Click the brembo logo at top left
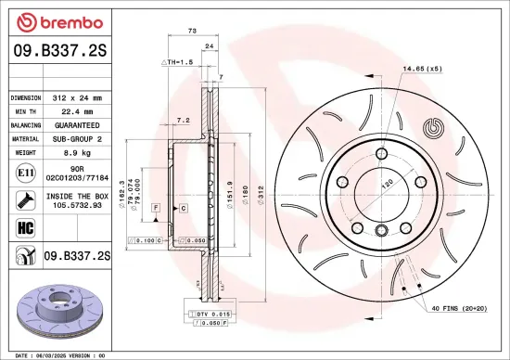[51, 22]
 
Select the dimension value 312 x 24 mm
[78, 96]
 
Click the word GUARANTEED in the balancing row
[78, 124]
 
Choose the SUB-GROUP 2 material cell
[78, 138]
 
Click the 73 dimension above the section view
[192, 32]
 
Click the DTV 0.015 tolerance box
[212, 315]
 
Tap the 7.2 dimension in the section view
[183, 121]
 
